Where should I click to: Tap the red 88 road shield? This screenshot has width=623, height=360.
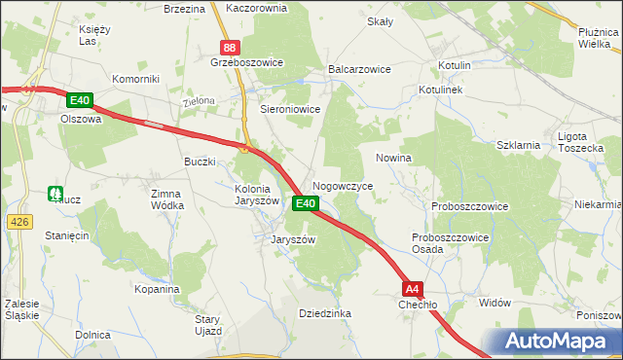coord(230,48)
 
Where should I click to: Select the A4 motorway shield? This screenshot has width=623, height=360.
coord(413,288)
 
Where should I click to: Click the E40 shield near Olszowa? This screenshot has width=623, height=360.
coord(80,100)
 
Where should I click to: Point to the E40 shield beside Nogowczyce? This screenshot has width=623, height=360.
coord(305,203)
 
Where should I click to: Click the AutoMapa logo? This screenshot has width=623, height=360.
coord(557,342)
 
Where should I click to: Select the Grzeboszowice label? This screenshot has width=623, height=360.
coord(246,62)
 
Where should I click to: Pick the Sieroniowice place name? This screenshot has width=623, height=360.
coord(290,110)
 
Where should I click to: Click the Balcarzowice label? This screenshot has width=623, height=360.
coord(359,70)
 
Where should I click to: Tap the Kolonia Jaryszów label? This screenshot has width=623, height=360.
coord(259,195)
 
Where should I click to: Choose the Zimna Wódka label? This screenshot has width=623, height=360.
coord(166,199)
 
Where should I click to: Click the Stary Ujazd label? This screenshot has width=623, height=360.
coord(209,325)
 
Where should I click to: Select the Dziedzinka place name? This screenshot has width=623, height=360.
coord(325,313)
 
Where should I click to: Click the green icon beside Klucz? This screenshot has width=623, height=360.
coord(55,195)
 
